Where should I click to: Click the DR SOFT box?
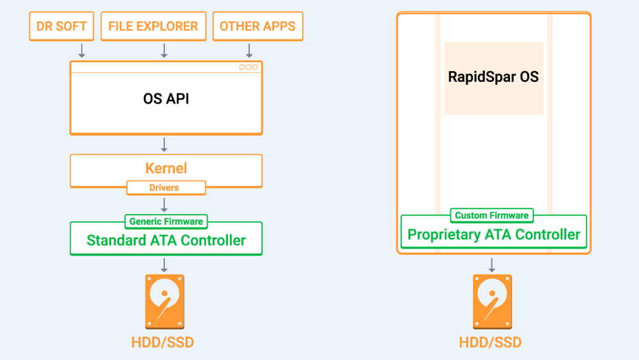click(61, 26)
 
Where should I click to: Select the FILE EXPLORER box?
click(153, 26)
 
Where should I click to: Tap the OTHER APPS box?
click(258, 26)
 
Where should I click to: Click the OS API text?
click(166, 98)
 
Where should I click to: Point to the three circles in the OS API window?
click(248, 67)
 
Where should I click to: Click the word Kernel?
click(166, 168)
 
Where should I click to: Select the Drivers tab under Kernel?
click(166, 187)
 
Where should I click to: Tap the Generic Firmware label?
click(166, 221)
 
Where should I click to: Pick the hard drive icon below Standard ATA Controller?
click(165, 302)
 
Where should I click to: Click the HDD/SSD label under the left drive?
click(162, 343)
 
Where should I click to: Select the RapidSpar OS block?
click(493, 78)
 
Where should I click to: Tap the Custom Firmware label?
click(491, 215)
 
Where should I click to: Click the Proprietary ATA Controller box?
click(493, 232)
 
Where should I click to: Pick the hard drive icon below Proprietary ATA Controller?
click(492, 302)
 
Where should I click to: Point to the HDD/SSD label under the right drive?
click(490, 343)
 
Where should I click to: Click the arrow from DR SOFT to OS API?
click(82, 50)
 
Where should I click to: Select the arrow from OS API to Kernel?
click(164, 145)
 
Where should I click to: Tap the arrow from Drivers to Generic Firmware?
click(164, 205)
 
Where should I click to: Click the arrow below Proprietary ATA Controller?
click(492, 265)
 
